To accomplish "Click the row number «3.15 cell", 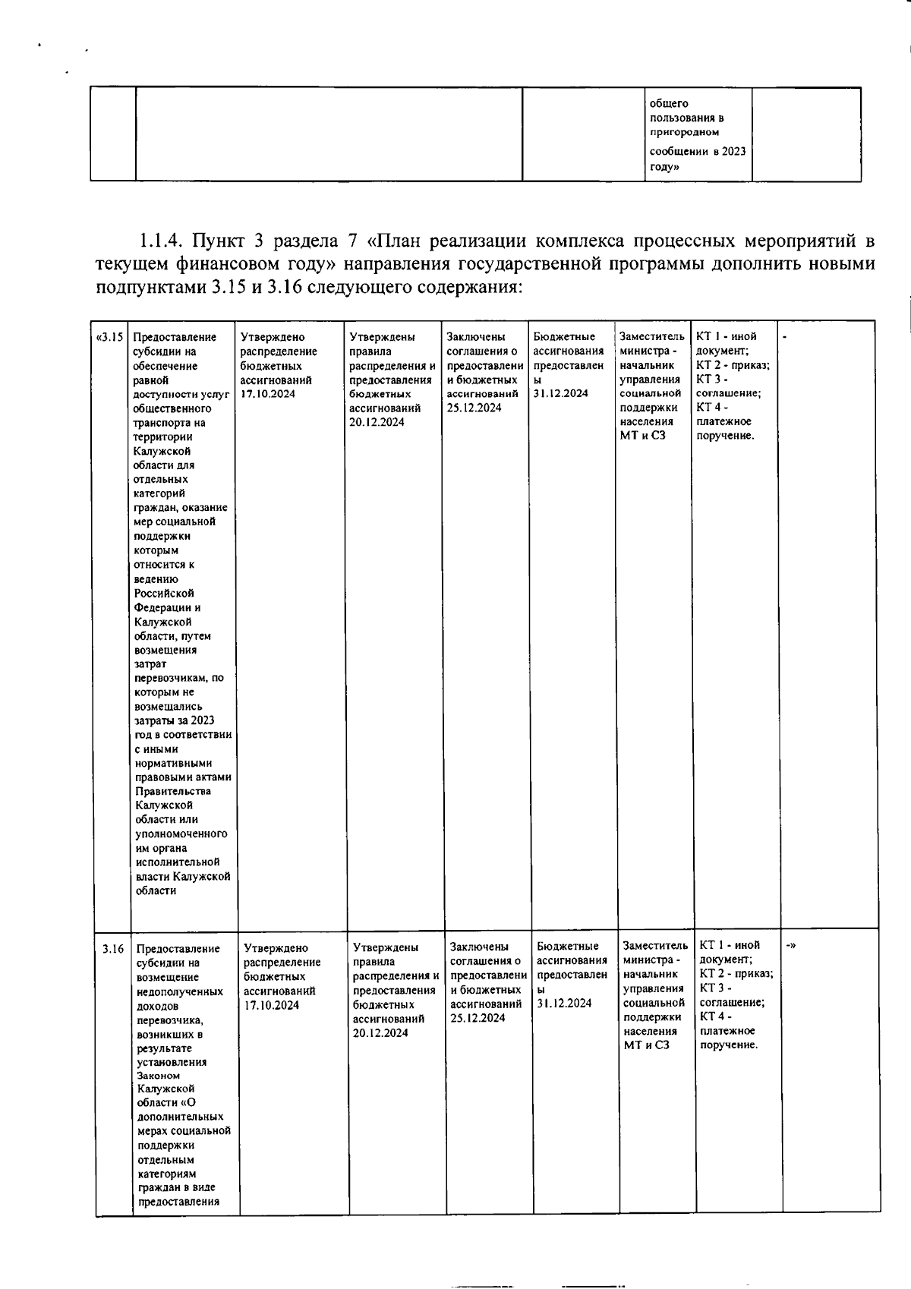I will pos(111,337).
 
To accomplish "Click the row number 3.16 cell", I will pos(113,948).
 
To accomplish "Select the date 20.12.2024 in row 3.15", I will pos(377,422).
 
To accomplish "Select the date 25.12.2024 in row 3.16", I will pos(478,1018).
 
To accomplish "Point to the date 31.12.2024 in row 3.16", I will pos(564,1004).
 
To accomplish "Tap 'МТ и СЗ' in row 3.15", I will pos(642,435).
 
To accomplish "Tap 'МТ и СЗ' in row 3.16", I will pos(646,1045).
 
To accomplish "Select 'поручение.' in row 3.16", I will pos(729,1045).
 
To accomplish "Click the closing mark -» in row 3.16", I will pos(790,945).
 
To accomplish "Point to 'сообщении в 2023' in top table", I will pos(698,151).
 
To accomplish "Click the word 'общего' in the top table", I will pos(669,103).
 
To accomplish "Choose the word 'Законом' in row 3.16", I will pos(159,1076).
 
